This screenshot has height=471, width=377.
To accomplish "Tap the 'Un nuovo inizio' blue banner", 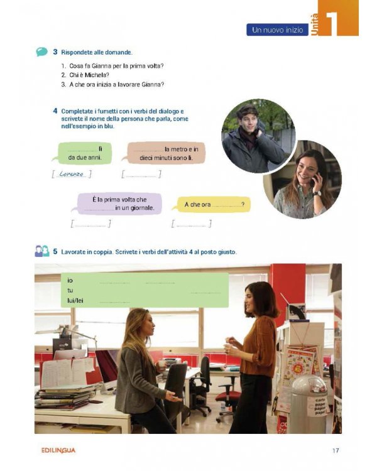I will [x=277, y=30].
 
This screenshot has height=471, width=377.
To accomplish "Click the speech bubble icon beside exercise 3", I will [x=41, y=51].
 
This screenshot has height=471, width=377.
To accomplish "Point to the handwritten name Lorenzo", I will [x=72, y=174].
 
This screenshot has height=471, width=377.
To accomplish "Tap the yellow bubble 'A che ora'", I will [x=214, y=205].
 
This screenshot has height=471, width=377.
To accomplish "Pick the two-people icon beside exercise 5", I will [x=41, y=252].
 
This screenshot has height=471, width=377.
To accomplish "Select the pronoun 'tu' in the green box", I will [x=70, y=291].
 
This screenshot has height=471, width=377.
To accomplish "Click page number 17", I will [x=336, y=450].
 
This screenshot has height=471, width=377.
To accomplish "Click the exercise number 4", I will [x=56, y=111].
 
